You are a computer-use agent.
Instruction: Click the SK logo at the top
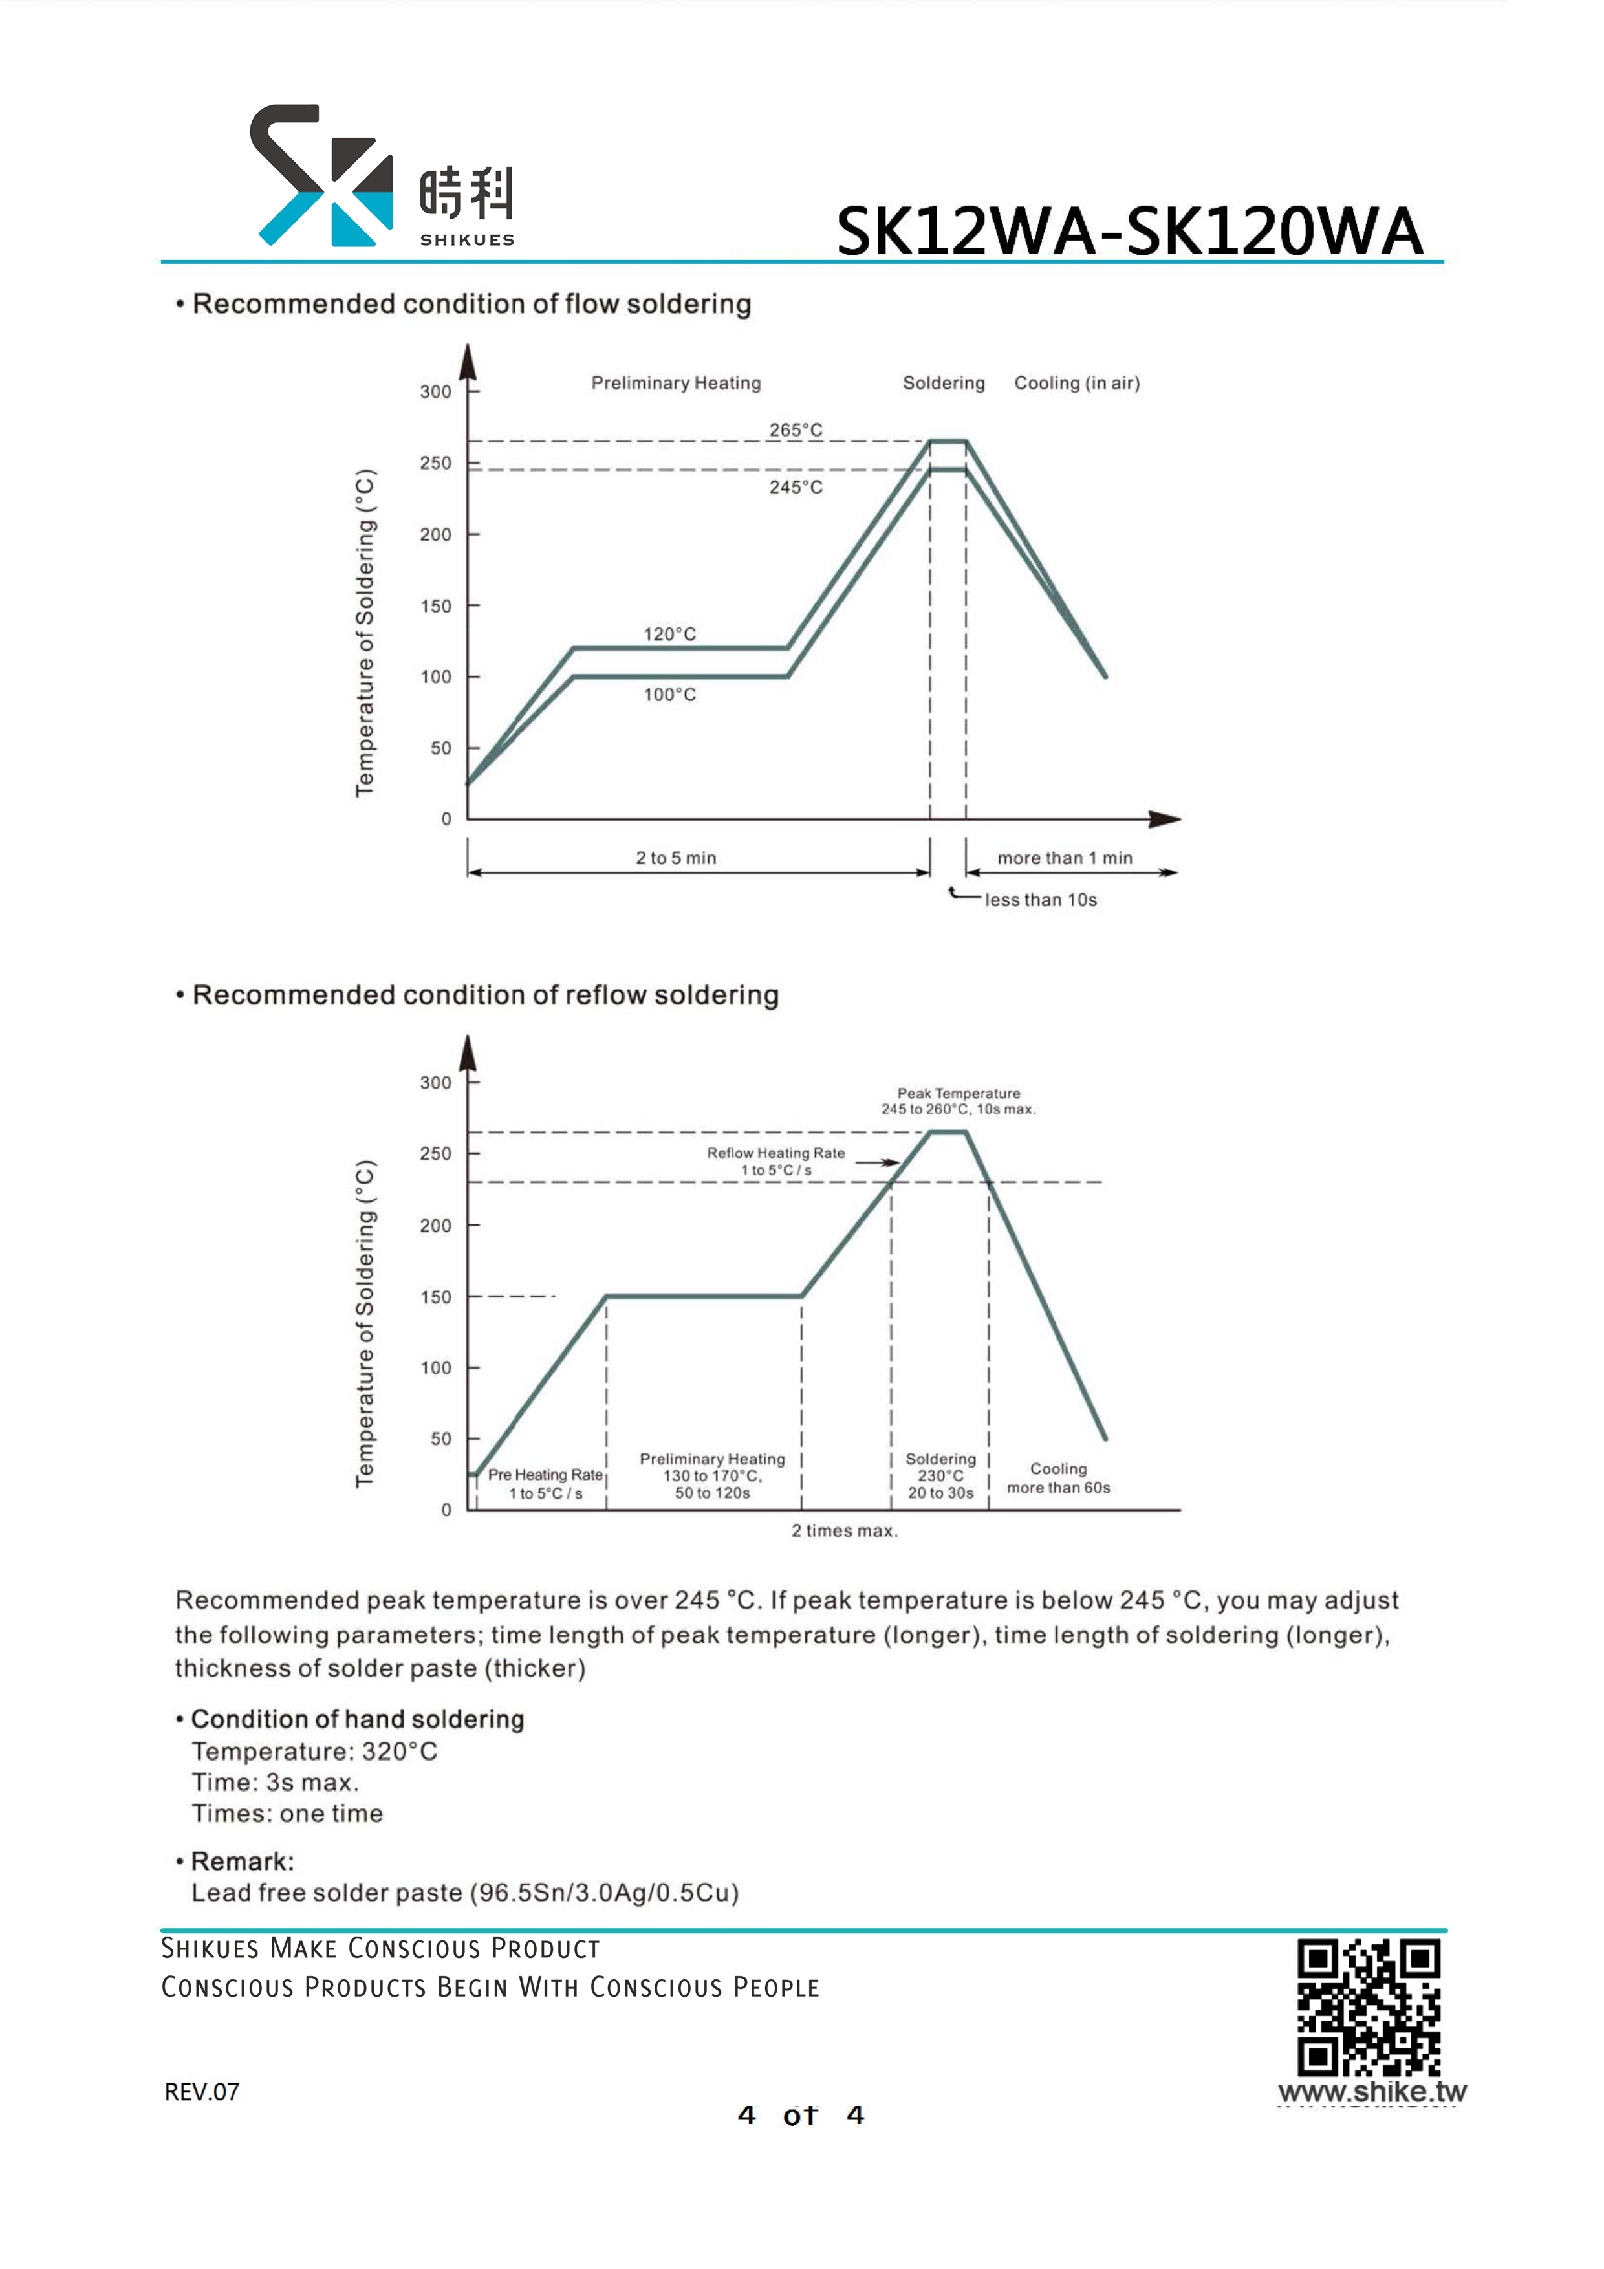coord(322,175)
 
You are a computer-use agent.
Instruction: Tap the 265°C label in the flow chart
coord(796,430)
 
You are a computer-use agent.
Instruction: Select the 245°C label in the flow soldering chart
coord(796,487)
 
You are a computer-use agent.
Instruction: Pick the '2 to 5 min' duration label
coord(676,858)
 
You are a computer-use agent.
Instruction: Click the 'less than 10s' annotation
coord(1041,899)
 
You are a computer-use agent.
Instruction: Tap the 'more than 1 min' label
coord(1065,858)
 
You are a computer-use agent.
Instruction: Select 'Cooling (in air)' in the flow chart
coord(1078,384)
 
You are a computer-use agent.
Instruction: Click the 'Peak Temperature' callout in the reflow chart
coord(959,1093)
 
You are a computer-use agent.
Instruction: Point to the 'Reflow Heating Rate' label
coord(776,1153)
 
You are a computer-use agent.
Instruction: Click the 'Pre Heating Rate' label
coord(545,1475)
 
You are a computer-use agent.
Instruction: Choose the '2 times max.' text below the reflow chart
coord(844,1531)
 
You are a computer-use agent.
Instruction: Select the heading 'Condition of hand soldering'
coord(357,1720)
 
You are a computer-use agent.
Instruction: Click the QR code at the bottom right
coord(1369,2007)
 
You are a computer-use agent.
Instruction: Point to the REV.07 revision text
coord(202,2092)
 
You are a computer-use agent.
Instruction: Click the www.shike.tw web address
coord(1372,2092)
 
